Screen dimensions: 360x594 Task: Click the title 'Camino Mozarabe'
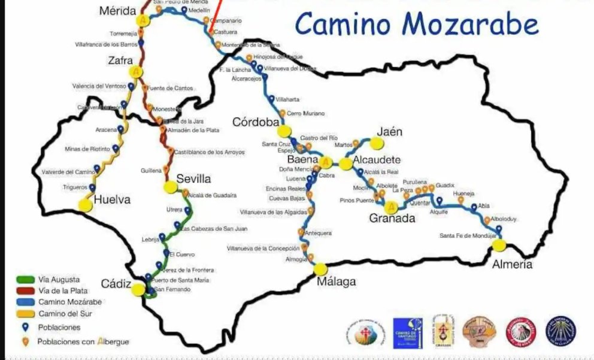tap(417, 25)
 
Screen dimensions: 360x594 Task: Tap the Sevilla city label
tap(193, 179)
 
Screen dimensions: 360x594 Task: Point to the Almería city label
tap(511, 264)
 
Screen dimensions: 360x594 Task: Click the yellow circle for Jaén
tap(375, 143)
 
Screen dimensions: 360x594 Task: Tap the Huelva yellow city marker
tap(85, 204)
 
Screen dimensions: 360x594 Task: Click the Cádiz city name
tap(116, 285)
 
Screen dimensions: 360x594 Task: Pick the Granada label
tap(392, 218)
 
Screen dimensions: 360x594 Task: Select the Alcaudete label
tap(377, 161)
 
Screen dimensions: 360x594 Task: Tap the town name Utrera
tap(175, 210)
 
